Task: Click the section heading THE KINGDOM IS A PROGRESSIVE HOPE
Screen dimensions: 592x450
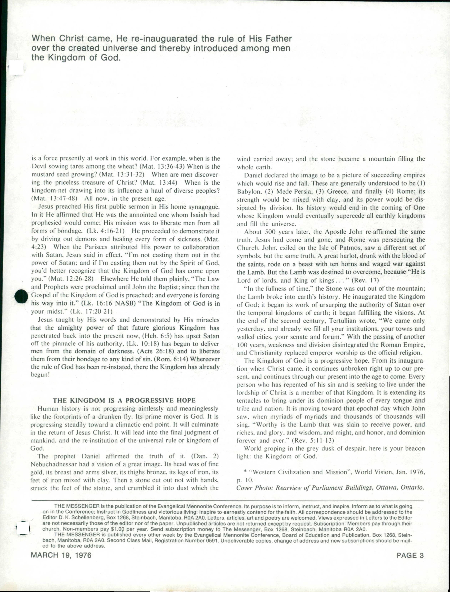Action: click(x=124, y=400)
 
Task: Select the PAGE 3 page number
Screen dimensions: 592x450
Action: click(x=410, y=555)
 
